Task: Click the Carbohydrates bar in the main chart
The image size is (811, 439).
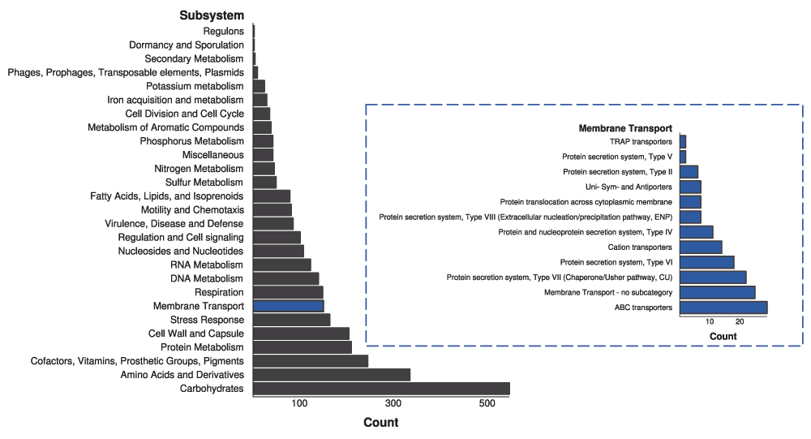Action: click(x=381, y=389)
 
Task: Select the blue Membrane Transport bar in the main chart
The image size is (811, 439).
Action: click(x=288, y=306)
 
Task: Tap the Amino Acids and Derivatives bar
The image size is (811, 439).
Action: click(x=332, y=375)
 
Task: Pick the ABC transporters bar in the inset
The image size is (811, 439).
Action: click(x=723, y=308)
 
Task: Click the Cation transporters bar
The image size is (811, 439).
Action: click(x=701, y=247)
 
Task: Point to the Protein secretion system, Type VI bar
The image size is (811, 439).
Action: click(x=707, y=262)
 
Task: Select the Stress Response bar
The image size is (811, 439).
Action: click(x=291, y=320)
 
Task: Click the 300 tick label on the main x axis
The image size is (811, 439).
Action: click(x=393, y=404)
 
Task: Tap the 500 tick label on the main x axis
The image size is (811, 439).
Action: click(x=487, y=404)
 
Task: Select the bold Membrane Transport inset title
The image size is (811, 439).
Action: click(x=625, y=128)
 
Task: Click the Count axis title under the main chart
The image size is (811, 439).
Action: click(x=380, y=423)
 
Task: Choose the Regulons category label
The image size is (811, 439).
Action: click(x=223, y=31)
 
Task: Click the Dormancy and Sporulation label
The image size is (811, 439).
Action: click(x=186, y=45)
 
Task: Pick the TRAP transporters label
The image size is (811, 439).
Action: click(x=641, y=142)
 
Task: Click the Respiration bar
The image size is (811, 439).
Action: click(x=288, y=292)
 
